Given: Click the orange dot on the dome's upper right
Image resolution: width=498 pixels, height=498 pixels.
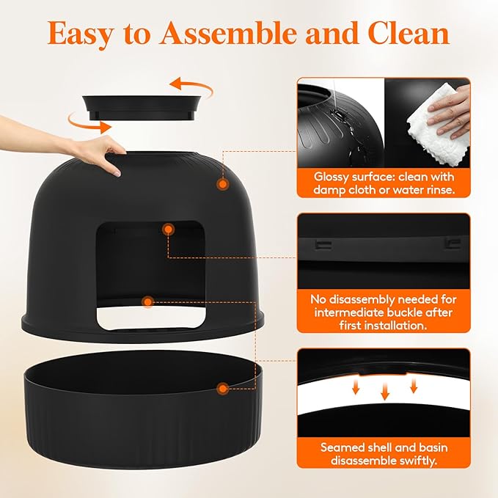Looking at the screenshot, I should coord(221,185).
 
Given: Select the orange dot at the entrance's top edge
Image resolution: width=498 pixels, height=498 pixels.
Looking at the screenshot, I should coord(169,230).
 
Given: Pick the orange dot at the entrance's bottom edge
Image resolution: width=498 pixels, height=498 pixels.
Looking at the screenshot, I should coord(148,301).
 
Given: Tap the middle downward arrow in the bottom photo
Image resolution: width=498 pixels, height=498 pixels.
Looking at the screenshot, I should coord(384,393).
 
